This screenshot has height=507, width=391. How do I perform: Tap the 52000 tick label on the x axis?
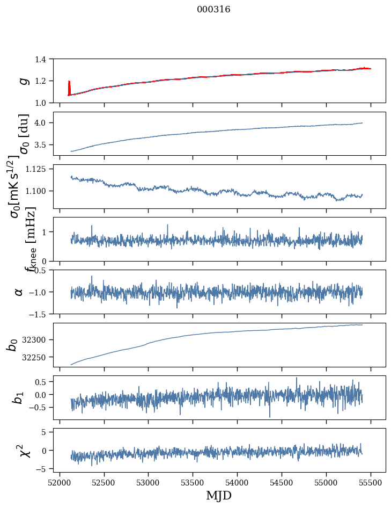tap(60, 482)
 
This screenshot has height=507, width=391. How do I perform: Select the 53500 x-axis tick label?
tap(193, 482)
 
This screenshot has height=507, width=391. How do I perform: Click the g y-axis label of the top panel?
tap(23, 81)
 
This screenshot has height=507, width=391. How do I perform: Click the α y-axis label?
tap(19, 292)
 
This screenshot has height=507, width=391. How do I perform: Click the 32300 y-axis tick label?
tap(36, 339)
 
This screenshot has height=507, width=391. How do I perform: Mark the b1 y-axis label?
tap(19, 397)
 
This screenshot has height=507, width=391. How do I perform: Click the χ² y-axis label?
tap(24, 450)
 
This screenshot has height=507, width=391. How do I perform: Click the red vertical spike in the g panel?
tap(69, 88)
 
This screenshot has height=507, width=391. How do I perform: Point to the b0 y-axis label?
tap(12, 345)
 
